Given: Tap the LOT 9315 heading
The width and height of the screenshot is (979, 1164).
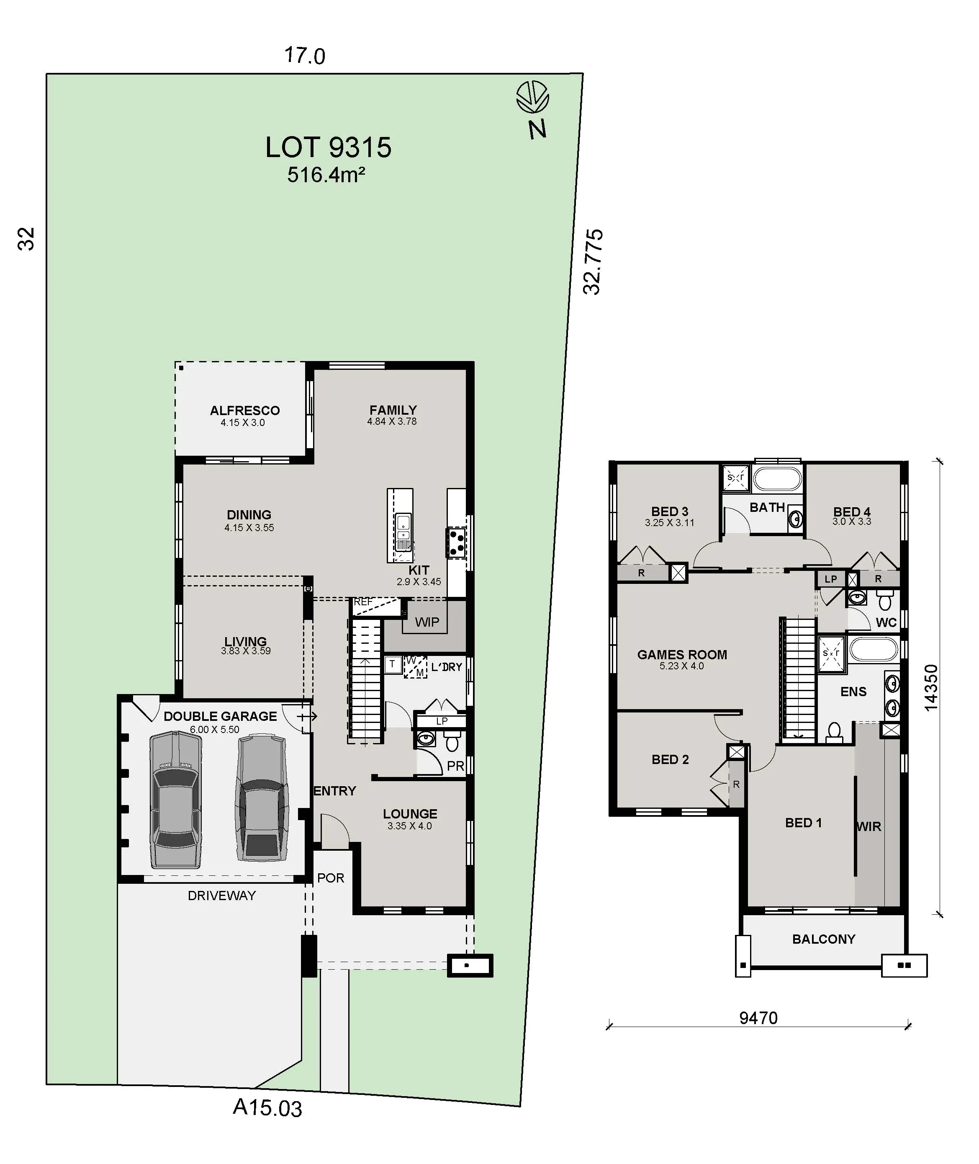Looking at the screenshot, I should click(x=328, y=148).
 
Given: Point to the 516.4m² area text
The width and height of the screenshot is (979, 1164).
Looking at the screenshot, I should click(x=326, y=175).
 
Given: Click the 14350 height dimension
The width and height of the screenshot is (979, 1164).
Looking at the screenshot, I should click(x=931, y=687).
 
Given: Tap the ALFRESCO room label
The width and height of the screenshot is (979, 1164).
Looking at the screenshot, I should click(x=245, y=410).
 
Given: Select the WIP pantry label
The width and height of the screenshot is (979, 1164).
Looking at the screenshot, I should click(x=427, y=622).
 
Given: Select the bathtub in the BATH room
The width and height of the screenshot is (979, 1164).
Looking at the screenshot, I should click(x=777, y=478).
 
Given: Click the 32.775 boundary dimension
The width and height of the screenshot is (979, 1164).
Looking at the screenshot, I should click(x=592, y=261).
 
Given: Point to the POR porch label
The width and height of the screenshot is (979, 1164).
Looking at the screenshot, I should click(x=330, y=878).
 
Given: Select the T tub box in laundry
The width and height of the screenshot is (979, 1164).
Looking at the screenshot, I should click(x=392, y=663).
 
